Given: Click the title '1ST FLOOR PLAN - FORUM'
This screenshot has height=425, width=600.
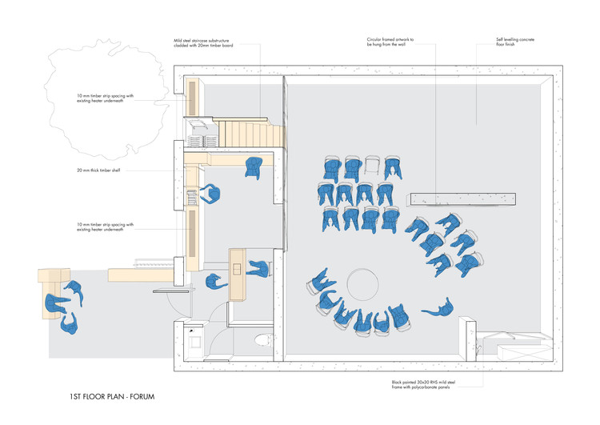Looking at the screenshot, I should point(111,396).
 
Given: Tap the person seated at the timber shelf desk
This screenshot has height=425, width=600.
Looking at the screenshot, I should point(211,194).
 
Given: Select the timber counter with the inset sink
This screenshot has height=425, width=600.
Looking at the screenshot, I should point(238,273).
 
